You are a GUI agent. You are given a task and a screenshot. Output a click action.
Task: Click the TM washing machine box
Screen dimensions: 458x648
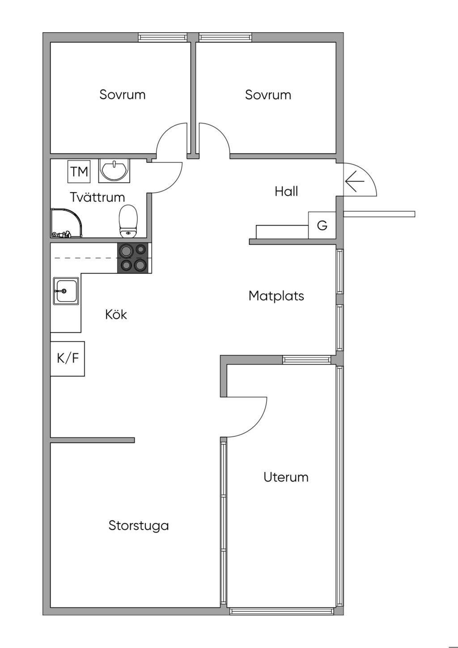(79, 171)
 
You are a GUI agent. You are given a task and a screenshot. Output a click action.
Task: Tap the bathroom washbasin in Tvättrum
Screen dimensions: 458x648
(114, 170)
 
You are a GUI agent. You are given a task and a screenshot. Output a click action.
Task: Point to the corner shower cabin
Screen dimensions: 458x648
(66, 222)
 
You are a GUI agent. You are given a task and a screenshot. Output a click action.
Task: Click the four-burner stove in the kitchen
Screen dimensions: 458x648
(134, 258)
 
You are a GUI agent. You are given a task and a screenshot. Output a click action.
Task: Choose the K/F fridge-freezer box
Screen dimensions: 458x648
(68, 358)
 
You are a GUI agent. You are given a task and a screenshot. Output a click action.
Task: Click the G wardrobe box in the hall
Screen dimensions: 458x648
(322, 225)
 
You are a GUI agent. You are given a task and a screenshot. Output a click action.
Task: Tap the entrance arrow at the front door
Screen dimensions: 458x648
(355, 181)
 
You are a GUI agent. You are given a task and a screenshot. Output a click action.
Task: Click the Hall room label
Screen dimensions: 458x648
(286, 192)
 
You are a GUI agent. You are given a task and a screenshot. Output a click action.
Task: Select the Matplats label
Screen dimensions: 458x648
(276, 296)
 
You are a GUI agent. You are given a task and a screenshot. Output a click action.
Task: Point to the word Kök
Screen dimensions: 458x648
(116, 315)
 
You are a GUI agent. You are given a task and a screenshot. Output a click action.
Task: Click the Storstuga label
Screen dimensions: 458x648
(139, 525)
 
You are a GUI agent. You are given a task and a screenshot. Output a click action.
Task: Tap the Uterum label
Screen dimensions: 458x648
(286, 477)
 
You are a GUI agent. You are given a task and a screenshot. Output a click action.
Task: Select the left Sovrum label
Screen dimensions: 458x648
(123, 95)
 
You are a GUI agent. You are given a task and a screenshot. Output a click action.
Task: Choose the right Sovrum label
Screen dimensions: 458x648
(268, 95)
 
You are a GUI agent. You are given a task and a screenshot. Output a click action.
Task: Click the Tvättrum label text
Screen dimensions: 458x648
(98, 197)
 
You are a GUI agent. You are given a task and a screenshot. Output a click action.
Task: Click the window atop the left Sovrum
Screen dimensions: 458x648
(162, 38)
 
